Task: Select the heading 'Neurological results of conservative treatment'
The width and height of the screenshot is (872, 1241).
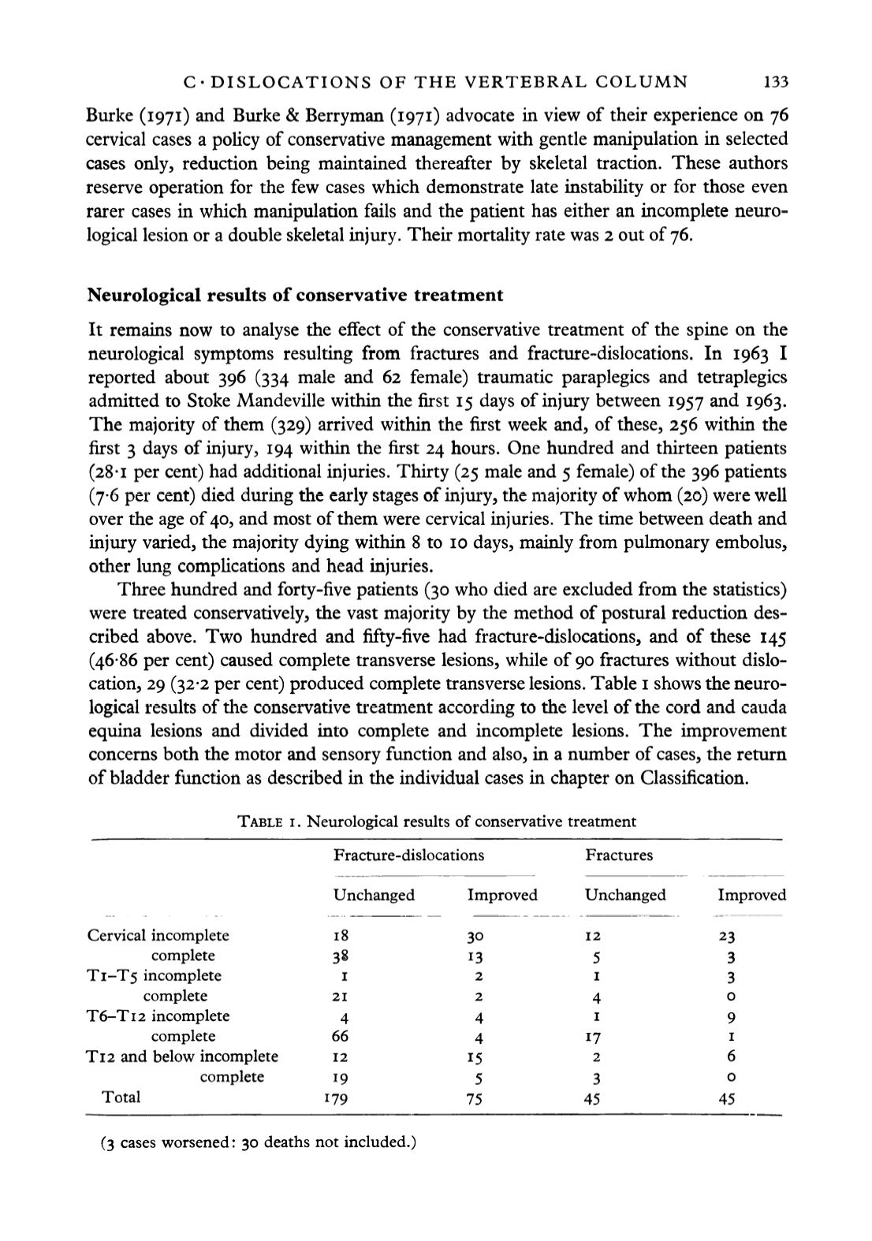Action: [294, 296]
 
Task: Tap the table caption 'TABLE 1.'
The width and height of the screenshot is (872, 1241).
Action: [269, 822]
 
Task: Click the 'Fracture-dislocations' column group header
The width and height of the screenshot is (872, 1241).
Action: [408, 855]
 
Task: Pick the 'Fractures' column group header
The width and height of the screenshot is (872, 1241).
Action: [619, 855]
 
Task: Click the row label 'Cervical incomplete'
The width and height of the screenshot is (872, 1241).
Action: [158, 936]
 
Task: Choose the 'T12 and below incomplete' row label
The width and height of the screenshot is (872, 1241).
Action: [182, 1057]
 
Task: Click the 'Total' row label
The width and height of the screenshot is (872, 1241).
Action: [120, 1097]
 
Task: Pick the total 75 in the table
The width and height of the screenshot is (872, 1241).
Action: [474, 1098]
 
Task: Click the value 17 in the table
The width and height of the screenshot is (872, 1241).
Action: [595, 1037]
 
